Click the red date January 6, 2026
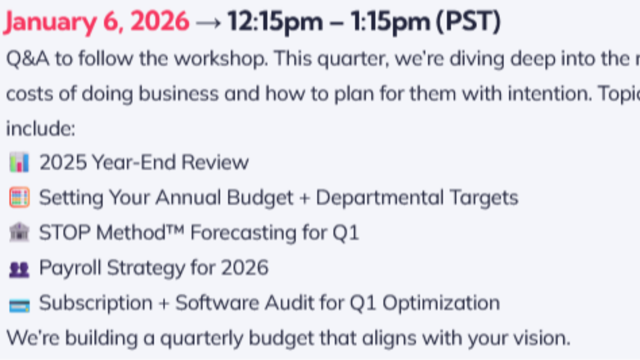tap(96, 22)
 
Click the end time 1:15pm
tap(389, 22)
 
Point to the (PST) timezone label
tap(468, 22)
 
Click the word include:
tap(40, 128)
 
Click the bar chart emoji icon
tap(19, 163)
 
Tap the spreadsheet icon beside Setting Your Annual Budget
tap(19, 198)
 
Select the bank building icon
tap(19, 233)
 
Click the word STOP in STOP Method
tap(65, 233)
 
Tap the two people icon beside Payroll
tap(19, 269)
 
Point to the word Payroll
tap(70, 268)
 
